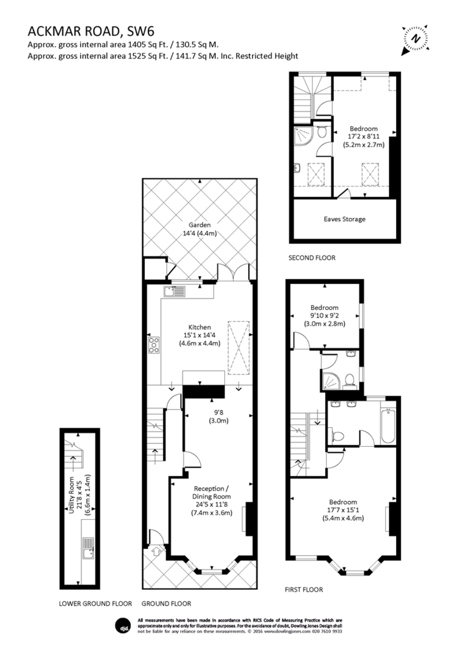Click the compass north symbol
click(x=415, y=39)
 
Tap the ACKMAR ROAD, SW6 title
click(x=91, y=32)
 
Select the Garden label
click(x=200, y=225)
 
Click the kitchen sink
click(x=174, y=292)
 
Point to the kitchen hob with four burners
click(x=154, y=345)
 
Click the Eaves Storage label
click(x=345, y=219)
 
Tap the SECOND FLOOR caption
click(x=312, y=257)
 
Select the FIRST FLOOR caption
click(x=303, y=589)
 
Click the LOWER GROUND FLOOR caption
click(x=95, y=603)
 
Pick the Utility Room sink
click(x=88, y=548)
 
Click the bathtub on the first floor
click(x=388, y=425)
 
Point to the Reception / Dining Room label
click(x=211, y=492)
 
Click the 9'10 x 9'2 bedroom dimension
click(x=324, y=316)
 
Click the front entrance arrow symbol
click(x=156, y=551)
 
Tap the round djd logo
click(x=121, y=626)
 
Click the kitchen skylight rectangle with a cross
click(x=239, y=348)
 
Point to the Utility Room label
click(x=71, y=496)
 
